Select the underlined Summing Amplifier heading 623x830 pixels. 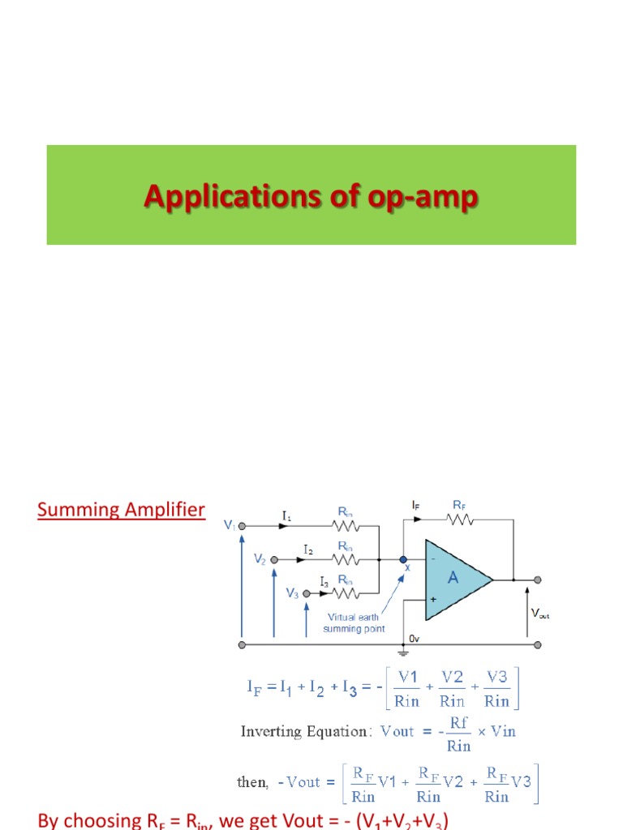[x=121, y=510]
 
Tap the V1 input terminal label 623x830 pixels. [x=230, y=525]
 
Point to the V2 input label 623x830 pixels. [x=260, y=559]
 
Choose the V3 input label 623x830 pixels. [x=292, y=593]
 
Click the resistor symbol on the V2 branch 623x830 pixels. [x=346, y=559]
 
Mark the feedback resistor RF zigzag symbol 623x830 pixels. [x=459, y=519]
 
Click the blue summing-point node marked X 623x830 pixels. [x=403, y=559]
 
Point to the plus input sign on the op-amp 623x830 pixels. [x=433, y=599]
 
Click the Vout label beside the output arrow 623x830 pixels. [x=539, y=614]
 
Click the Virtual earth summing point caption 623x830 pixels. [x=353, y=622]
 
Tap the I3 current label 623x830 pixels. [x=324, y=581]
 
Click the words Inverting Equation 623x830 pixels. [x=304, y=731]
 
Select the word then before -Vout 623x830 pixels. [x=252, y=782]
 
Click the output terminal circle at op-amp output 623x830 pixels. [x=538, y=580]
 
